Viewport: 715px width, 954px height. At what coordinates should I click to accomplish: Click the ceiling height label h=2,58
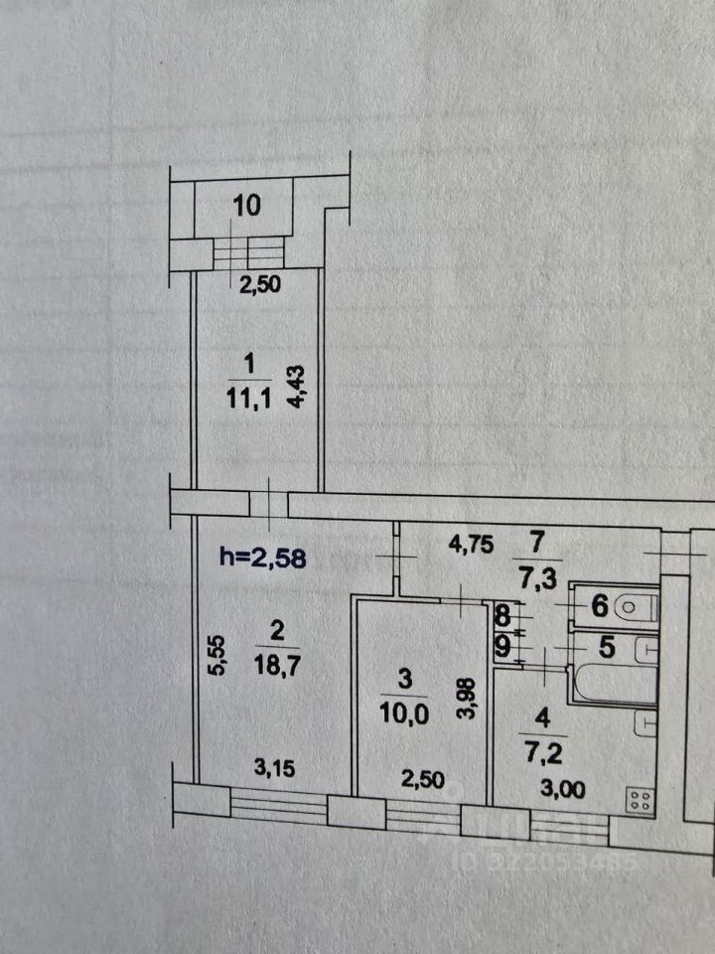tap(262, 557)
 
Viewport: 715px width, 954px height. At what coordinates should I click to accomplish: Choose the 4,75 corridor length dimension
tap(472, 546)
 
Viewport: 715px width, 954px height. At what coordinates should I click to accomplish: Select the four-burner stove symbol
tap(640, 800)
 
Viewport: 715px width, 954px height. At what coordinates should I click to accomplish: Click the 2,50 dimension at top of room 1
tap(260, 284)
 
